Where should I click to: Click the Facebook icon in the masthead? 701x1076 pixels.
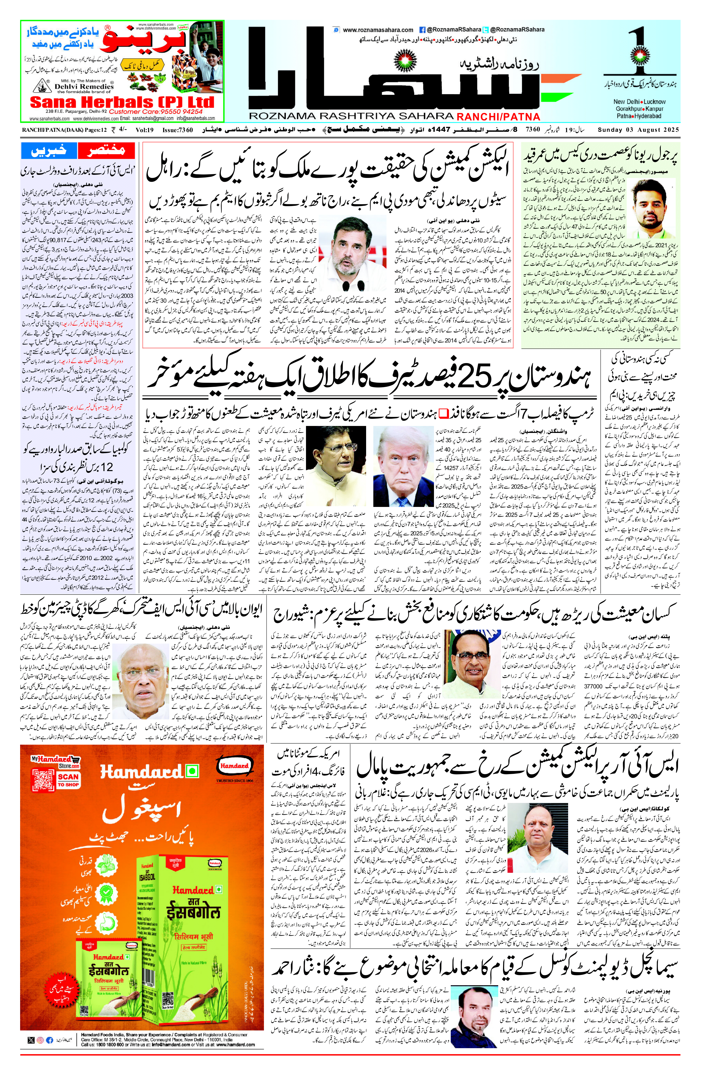(x=422, y=30)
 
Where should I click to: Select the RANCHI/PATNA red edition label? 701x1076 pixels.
(x=498, y=117)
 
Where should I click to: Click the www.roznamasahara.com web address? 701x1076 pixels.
(x=378, y=30)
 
